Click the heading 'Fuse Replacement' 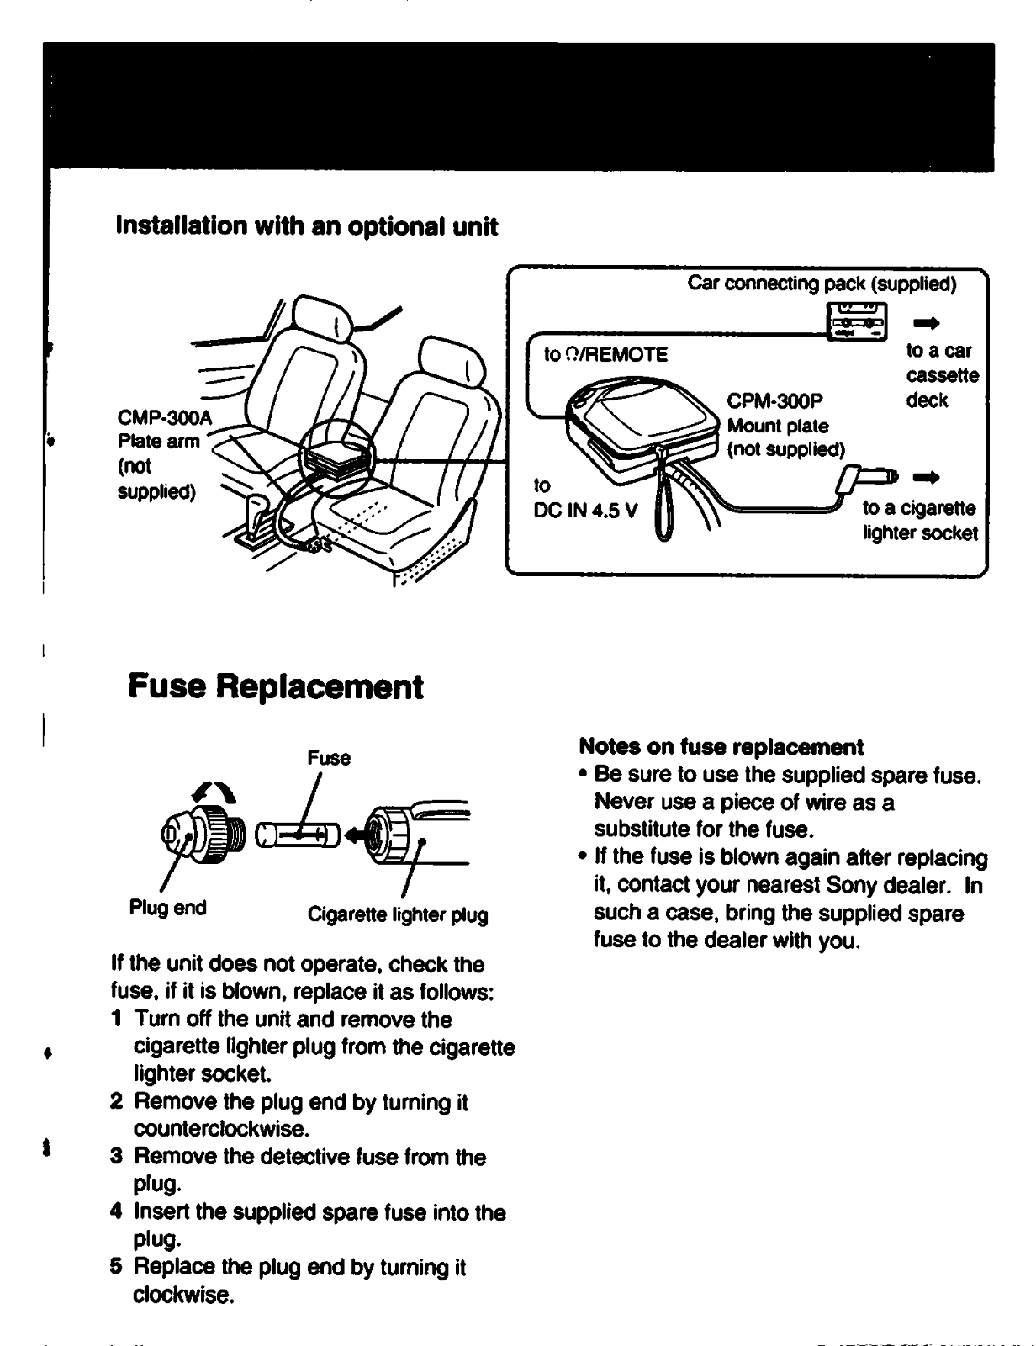point(276,687)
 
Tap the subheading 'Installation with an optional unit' point(306,226)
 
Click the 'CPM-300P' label point(775,400)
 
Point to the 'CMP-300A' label point(166,418)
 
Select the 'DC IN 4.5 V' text point(585,511)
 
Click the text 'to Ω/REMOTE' point(605,354)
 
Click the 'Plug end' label point(167,908)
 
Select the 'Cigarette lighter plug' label point(398,914)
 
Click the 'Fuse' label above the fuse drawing point(329,758)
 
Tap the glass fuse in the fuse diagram point(297,835)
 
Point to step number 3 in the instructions point(117,1157)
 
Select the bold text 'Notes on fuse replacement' point(721,747)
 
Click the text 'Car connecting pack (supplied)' point(822,284)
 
